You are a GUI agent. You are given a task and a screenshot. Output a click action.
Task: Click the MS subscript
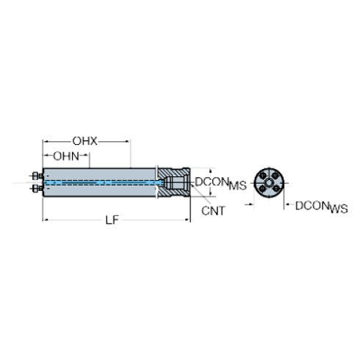click(x=237, y=185)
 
